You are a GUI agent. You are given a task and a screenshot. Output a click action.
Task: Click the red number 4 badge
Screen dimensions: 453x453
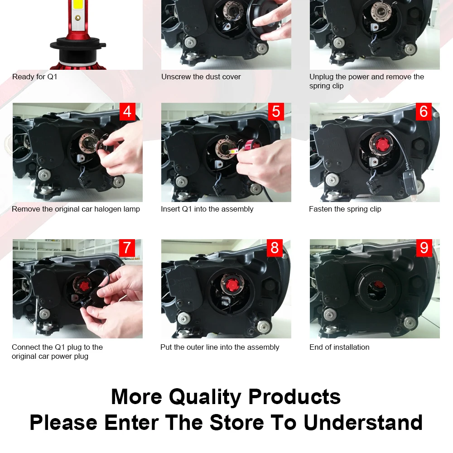[x=127, y=111]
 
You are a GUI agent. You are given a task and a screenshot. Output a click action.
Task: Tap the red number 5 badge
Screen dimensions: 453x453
[x=276, y=111]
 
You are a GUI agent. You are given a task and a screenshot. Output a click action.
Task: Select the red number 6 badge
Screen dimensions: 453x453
[x=424, y=111]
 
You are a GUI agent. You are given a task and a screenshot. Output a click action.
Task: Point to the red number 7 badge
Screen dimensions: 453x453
[x=127, y=248]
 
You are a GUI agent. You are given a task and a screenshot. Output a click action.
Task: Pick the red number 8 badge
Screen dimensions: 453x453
[x=275, y=248]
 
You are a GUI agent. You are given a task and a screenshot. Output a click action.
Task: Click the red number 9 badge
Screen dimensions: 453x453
[x=424, y=248]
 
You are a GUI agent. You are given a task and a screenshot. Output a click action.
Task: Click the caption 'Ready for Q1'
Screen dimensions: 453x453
[x=35, y=77]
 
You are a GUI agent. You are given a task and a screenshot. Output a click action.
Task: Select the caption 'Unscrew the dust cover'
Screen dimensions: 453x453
[x=201, y=77]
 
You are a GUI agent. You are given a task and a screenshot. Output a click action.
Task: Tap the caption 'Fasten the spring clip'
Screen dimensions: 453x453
[x=345, y=209]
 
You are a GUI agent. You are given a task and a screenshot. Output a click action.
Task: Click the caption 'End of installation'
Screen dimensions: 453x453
[x=339, y=347]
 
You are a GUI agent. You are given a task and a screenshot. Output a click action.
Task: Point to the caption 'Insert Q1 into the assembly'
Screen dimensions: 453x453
[x=207, y=209]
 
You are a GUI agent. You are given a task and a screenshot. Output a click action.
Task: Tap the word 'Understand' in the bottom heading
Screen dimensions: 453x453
[x=363, y=423]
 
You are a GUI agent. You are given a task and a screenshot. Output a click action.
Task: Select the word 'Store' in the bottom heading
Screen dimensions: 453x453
[x=236, y=423]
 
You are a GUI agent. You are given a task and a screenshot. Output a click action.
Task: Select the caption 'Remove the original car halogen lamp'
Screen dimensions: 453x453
[x=76, y=209]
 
